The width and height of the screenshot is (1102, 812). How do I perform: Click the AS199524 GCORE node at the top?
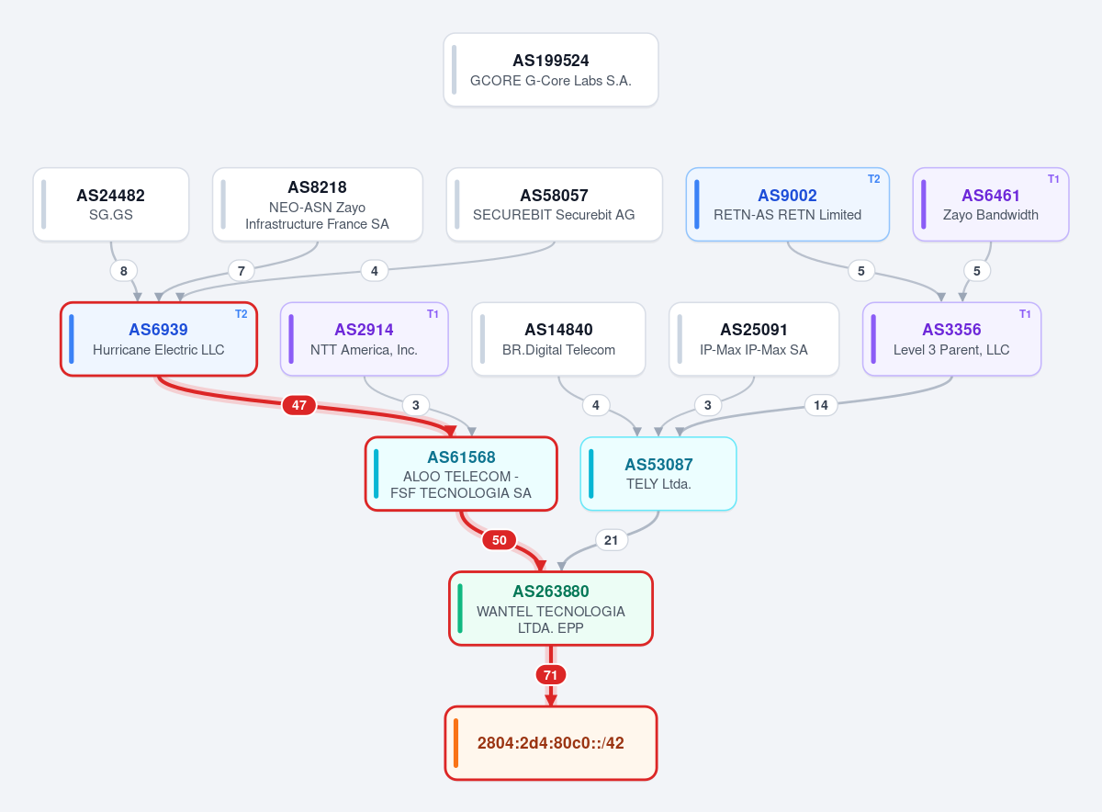tap(550, 70)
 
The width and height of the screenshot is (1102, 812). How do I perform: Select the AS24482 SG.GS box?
tap(111, 204)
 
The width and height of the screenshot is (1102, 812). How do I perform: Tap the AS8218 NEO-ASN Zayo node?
tap(318, 204)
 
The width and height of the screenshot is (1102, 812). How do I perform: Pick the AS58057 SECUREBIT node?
tap(554, 204)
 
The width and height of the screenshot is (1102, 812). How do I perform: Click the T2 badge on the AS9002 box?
tap(873, 179)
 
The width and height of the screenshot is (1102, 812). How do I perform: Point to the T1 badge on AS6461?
tap(1052, 179)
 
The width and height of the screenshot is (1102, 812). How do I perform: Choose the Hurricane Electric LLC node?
tap(158, 339)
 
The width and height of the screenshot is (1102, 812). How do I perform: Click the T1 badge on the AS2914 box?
tap(433, 314)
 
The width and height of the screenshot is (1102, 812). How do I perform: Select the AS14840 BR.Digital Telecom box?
tap(558, 339)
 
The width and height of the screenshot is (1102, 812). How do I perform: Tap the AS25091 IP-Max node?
tap(754, 339)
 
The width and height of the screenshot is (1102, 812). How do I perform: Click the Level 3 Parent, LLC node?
tap(951, 339)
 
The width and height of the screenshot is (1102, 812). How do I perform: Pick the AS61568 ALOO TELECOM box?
tap(461, 474)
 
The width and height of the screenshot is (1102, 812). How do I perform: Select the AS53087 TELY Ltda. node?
tap(658, 474)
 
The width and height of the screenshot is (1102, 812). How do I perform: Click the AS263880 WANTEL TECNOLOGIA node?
tap(550, 608)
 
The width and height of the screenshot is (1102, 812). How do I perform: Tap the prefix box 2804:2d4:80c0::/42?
tap(550, 743)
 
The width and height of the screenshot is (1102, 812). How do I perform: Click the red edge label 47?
tap(299, 405)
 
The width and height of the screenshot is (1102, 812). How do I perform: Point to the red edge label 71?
tap(550, 675)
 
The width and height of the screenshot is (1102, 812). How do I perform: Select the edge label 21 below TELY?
tap(611, 540)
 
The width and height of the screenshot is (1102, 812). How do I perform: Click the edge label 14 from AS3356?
tap(821, 405)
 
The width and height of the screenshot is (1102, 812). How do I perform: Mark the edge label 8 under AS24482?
tap(123, 271)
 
